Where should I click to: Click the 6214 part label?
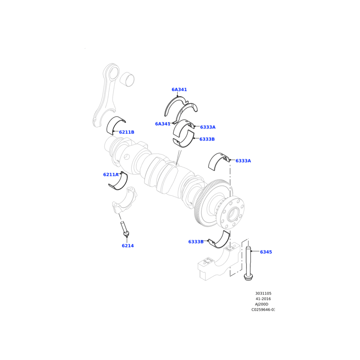click(x=128, y=246)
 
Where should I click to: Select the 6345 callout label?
click(x=266, y=252)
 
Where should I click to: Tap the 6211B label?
click(x=126, y=132)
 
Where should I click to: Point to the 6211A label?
click(x=111, y=175)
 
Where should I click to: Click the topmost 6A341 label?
click(x=179, y=90)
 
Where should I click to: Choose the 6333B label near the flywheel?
click(x=196, y=242)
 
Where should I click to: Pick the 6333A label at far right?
click(x=243, y=161)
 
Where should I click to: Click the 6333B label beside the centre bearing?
click(x=207, y=139)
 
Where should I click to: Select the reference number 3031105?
click(x=263, y=293)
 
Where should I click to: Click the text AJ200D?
click(x=261, y=304)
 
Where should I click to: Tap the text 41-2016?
click(x=263, y=299)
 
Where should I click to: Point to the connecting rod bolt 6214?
click(x=125, y=229)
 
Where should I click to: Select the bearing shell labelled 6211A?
click(x=118, y=182)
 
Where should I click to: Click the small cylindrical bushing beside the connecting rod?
click(x=127, y=79)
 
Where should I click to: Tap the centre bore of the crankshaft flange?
click(x=233, y=214)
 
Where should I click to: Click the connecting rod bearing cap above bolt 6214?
click(x=125, y=200)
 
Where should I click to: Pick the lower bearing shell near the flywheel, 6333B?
click(x=220, y=240)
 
